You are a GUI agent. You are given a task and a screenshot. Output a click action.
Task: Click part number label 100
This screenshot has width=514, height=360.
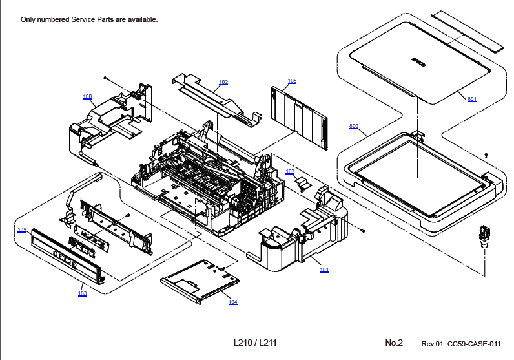tap(87, 97)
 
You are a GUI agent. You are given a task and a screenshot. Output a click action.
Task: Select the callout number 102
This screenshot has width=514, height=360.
tap(223, 82)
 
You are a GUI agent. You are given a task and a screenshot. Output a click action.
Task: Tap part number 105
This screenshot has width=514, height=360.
tap(292, 81)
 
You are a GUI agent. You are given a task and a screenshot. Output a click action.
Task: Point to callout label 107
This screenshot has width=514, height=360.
tap(290, 171)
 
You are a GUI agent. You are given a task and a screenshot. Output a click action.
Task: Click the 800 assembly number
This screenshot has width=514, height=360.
tap(354, 126)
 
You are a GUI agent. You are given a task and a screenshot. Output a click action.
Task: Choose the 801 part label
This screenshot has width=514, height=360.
tap(472, 99)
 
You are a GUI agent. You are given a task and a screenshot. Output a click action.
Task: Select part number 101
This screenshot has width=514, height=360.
tap(324, 270)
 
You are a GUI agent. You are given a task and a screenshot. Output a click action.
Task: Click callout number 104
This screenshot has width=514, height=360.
tap(232, 302)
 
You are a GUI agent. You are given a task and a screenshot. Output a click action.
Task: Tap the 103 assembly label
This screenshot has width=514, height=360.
tap(82, 293)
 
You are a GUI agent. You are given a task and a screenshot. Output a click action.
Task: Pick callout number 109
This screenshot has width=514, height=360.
tap(22, 229)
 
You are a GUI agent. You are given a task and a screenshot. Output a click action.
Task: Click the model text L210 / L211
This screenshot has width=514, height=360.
tap(255, 343)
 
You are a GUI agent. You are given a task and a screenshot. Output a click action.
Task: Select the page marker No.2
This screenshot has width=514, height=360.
tap(394, 343)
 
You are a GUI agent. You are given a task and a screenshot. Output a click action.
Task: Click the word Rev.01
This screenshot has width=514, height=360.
tap(432, 343)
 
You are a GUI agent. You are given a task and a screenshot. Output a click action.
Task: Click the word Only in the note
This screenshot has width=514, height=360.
tap(28, 19)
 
